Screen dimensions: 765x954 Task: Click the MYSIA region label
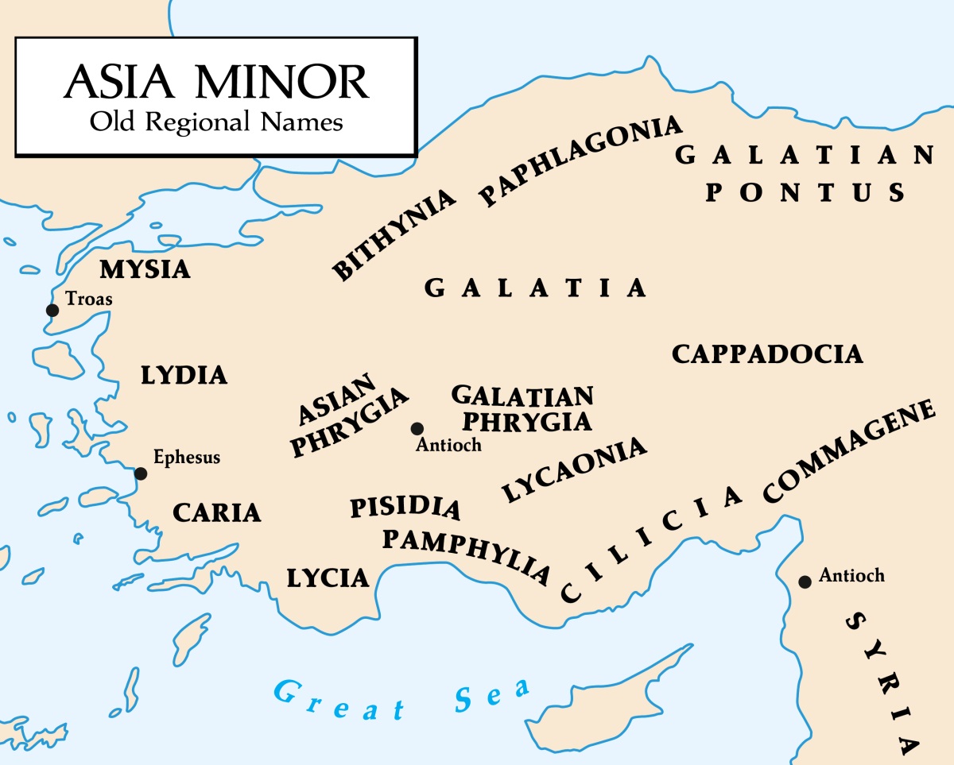[145, 270]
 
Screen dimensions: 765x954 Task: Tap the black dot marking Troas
[52, 310]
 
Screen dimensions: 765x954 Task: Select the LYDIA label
[184, 375]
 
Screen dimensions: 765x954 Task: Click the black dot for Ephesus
[141, 473]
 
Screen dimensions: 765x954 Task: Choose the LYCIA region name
[328, 578]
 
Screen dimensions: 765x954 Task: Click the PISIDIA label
[405, 507]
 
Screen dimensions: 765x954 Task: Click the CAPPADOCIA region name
[767, 354]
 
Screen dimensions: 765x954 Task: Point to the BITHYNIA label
[394, 234]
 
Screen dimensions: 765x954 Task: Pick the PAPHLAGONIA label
[581, 160]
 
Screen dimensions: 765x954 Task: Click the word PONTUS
[805, 192]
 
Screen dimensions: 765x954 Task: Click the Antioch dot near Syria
[805, 582]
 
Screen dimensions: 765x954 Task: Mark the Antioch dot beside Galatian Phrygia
[417, 429]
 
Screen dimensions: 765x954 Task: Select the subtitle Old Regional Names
[215, 122]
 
